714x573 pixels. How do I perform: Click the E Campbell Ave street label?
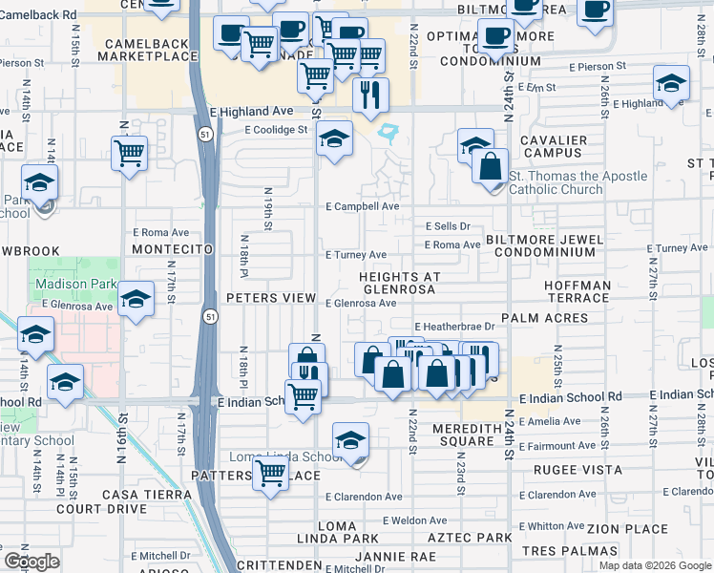click(361, 206)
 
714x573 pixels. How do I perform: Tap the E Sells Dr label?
click(448, 226)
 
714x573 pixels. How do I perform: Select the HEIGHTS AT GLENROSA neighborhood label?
click(412, 284)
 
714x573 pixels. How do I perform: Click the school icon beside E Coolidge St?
click(334, 139)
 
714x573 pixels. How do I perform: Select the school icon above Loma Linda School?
click(350, 442)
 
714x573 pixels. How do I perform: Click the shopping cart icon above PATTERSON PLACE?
click(271, 471)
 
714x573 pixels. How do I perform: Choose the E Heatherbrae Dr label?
click(452, 326)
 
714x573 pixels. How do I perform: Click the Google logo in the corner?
click(31, 562)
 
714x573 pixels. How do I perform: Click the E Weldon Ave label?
click(414, 520)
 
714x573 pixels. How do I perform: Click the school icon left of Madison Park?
click(35, 336)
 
